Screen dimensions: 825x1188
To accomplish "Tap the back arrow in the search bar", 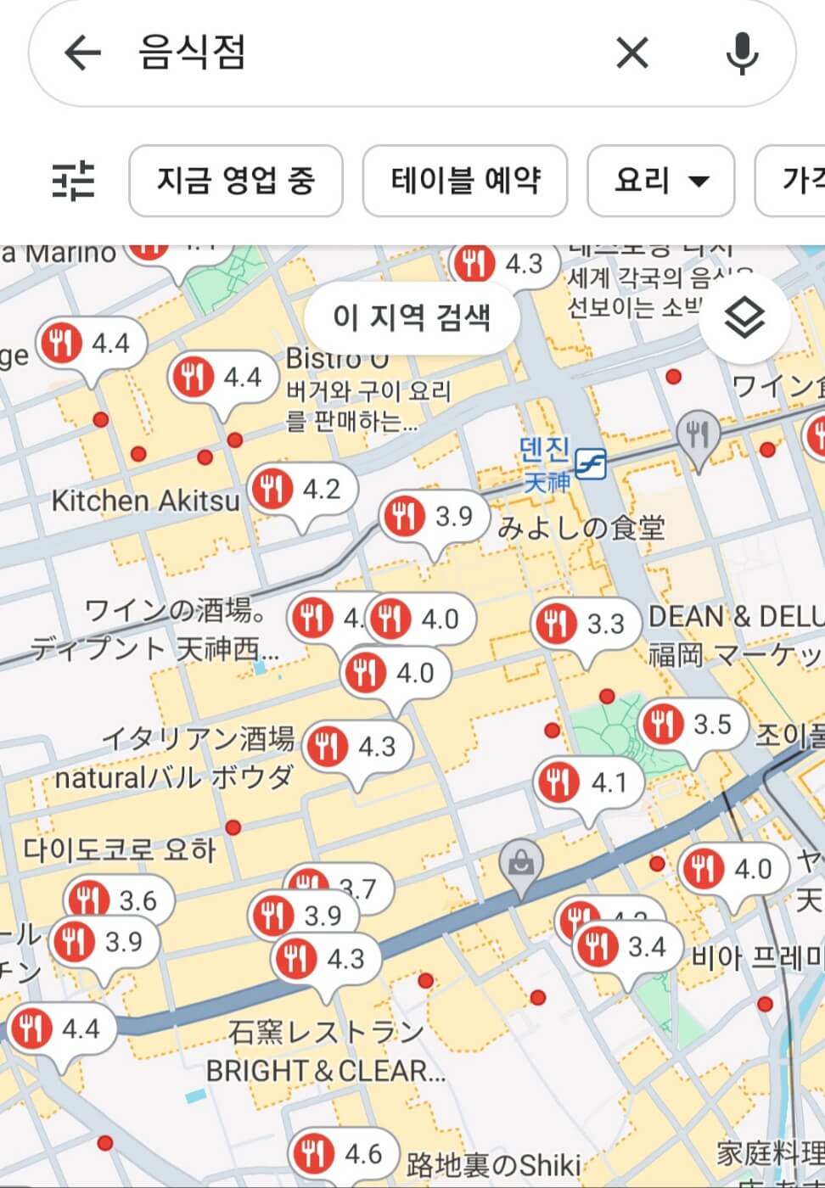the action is pyautogui.click(x=82, y=53).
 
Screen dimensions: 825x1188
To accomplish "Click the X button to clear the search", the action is pyautogui.click(x=632, y=53).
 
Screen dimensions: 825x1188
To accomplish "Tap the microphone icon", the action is pyautogui.click(x=742, y=53).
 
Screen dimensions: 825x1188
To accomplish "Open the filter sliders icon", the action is pyautogui.click(x=74, y=180).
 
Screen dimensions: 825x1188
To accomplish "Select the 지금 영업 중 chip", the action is pyautogui.click(x=235, y=180).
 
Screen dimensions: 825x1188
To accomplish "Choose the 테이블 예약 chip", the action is pyautogui.click(x=464, y=180).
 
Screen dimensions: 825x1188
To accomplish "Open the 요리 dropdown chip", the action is pyautogui.click(x=660, y=180).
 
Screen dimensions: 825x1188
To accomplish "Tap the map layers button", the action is pyautogui.click(x=744, y=319).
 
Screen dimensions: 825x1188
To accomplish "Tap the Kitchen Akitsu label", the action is pyautogui.click(x=146, y=501).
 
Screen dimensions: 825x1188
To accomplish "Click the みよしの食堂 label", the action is pyautogui.click(x=581, y=528).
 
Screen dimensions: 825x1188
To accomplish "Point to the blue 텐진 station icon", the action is pyautogui.click(x=591, y=463).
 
